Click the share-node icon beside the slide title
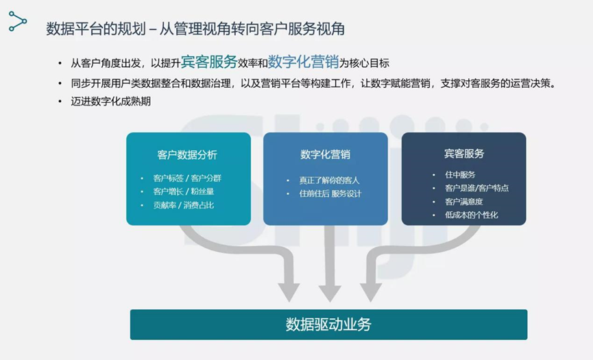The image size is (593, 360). [18, 21]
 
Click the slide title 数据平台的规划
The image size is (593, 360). [96, 29]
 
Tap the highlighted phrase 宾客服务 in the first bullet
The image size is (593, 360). [209, 62]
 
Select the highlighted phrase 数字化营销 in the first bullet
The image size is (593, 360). [303, 62]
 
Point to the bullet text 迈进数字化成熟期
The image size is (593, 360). [111, 101]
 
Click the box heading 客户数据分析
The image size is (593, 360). [187, 155]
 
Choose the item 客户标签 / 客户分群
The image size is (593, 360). [187, 178]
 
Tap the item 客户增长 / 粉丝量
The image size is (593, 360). [184, 191]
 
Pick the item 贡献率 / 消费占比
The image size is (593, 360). [184, 205]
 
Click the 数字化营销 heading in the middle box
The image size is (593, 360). [325, 154]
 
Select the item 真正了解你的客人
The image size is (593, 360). [329, 180]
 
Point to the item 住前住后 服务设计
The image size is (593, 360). [330, 193]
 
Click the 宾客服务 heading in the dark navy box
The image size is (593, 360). [464, 154]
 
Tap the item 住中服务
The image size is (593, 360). [460, 175]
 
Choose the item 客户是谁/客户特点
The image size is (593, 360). [477, 188]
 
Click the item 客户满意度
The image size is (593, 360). [463, 202]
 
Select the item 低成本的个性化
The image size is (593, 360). [471, 215]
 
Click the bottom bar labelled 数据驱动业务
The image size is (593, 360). [328, 324]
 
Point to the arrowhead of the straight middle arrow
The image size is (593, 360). [330, 293]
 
